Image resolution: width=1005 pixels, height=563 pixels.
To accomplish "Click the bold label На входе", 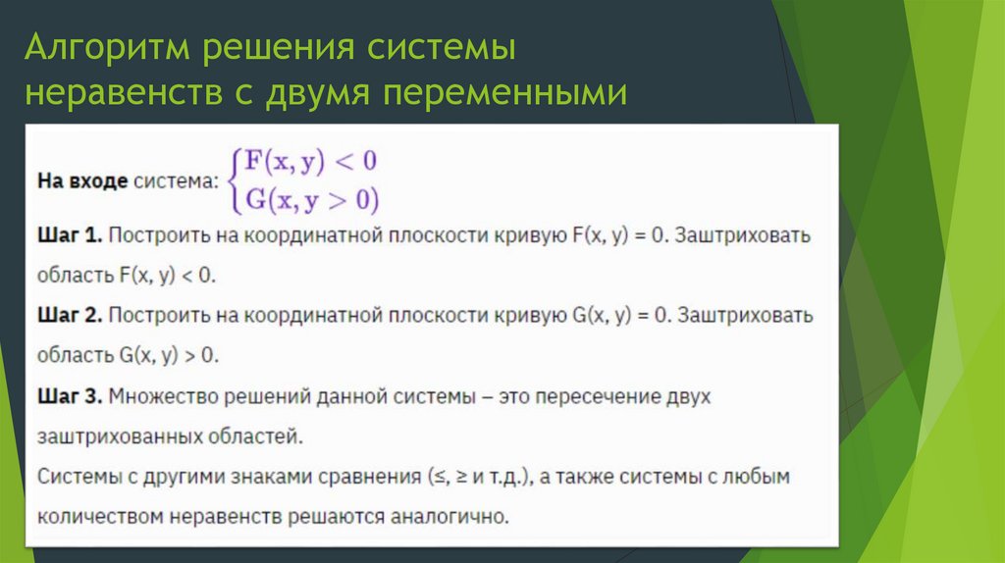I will pyautogui.click(x=81, y=181).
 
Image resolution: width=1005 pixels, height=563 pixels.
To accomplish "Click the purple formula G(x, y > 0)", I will pyautogui.click(x=311, y=200).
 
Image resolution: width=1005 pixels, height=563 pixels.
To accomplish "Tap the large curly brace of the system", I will pyautogui.click(x=234, y=180).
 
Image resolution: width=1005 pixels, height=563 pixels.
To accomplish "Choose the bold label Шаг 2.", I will pyautogui.click(x=70, y=316).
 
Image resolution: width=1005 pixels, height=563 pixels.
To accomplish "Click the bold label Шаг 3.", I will pyautogui.click(x=70, y=396).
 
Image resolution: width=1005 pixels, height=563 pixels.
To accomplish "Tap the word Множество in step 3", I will pyautogui.click(x=157, y=396).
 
